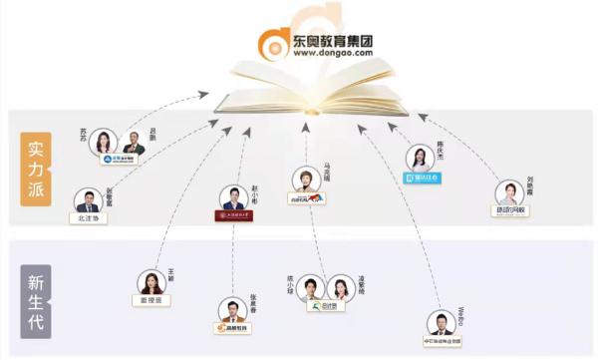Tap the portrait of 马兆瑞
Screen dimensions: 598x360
click(305, 180)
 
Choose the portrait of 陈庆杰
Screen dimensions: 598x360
click(420, 158)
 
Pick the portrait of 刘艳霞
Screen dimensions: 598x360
click(509, 192)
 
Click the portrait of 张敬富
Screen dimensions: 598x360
click(88, 200)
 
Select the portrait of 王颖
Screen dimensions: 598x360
click(151, 282)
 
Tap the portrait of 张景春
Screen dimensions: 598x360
click(232, 310)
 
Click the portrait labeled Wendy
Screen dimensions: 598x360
click(442, 323)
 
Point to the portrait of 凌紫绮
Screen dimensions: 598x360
click(341, 287)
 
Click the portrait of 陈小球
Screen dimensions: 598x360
click(310, 287)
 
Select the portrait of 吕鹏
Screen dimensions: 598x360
click(134, 144)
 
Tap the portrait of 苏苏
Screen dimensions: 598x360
click(103, 143)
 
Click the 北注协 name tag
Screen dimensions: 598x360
click(88, 218)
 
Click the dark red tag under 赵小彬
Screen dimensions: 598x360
click(234, 215)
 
